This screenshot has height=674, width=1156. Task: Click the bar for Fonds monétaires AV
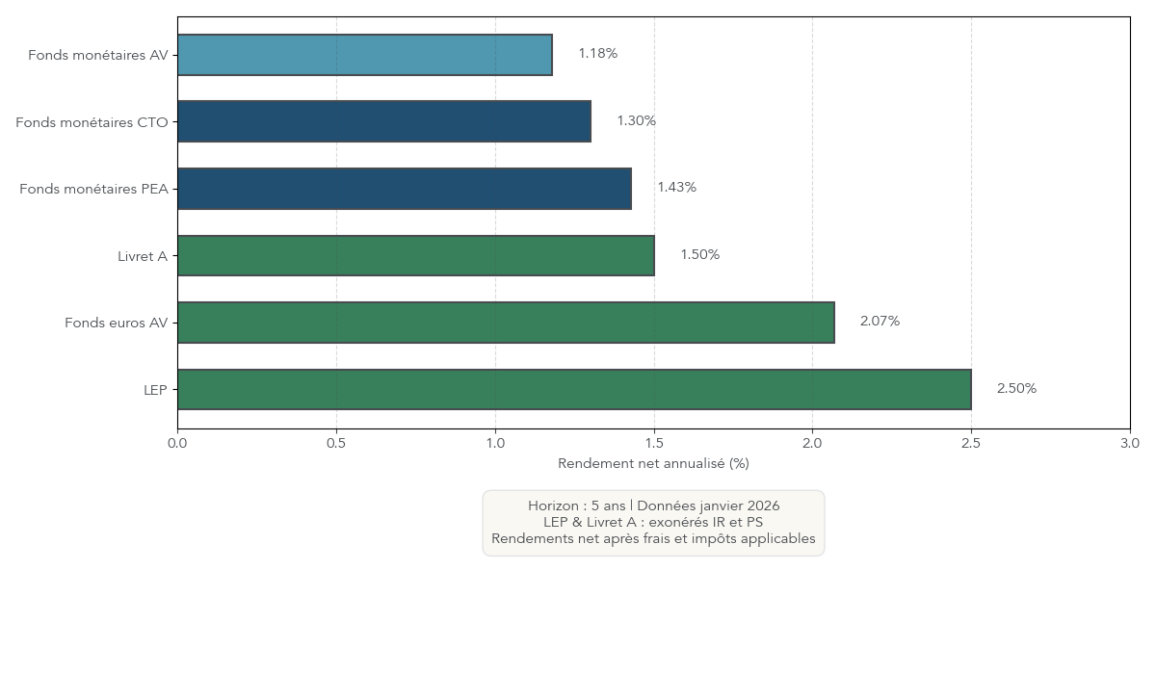[x=364, y=55]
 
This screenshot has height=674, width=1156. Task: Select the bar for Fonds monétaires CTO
[x=383, y=121]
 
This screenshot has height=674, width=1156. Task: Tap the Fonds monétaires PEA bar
[x=404, y=189]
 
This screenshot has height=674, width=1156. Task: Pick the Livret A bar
[x=415, y=255]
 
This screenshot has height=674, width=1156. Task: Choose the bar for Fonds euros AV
[x=506, y=323]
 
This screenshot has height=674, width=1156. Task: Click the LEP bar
[x=574, y=389]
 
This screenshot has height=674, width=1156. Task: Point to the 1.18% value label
[x=597, y=54]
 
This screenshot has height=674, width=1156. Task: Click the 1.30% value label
[x=636, y=121]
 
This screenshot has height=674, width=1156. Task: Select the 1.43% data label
[x=676, y=188]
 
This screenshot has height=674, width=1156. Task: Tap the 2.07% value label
[x=880, y=322]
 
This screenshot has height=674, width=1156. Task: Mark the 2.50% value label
[x=1016, y=389]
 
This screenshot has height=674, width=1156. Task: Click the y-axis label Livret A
[x=142, y=256]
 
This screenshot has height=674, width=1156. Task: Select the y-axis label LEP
[x=154, y=390]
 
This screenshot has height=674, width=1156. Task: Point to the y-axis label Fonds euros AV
[x=116, y=324]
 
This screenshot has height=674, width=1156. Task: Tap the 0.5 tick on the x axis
[x=336, y=444]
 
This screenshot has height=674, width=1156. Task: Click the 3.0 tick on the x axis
[x=1129, y=444]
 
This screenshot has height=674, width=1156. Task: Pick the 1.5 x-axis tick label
[x=654, y=444]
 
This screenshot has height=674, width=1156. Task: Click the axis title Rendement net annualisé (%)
[x=653, y=464]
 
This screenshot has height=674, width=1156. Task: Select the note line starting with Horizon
[x=653, y=506]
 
